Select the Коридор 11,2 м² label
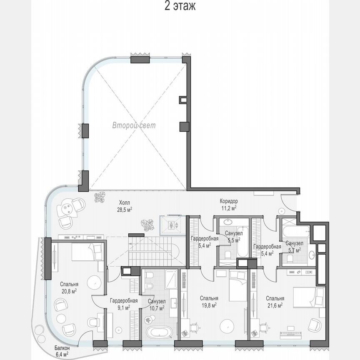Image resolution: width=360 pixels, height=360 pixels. (x=228, y=204)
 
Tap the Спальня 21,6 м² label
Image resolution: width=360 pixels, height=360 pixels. (x=275, y=302)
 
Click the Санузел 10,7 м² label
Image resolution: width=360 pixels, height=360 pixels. (x=157, y=304)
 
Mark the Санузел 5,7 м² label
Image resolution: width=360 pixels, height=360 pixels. (x=294, y=246)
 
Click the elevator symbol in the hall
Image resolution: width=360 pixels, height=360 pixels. (x=172, y=225)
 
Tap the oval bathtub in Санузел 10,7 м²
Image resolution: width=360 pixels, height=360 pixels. (x=158, y=333)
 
